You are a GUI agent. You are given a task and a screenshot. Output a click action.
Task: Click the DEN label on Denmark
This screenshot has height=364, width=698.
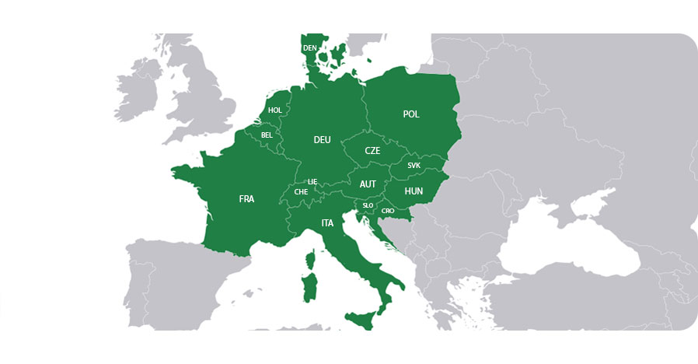(x=310, y=48)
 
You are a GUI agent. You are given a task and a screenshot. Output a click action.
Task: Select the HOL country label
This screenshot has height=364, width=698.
(x=275, y=110)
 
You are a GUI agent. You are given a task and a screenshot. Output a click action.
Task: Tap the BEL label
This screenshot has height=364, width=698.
(x=267, y=135)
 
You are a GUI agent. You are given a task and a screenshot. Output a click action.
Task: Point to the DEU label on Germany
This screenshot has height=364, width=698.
(x=322, y=140)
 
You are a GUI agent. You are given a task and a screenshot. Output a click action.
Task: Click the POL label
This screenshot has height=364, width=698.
(x=411, y=114)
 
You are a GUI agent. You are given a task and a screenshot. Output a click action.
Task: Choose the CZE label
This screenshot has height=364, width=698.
(x=372, y=151)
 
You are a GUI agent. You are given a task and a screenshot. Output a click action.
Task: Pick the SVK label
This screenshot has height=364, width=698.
(x=414, y=166)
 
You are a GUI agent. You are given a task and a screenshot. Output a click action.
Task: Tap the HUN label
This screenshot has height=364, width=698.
(x=414, y=191)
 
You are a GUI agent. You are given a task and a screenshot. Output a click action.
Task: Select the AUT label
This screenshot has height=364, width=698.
(x=368, y=184)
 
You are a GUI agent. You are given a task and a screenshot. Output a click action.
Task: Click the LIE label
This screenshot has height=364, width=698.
(x=312, y=181)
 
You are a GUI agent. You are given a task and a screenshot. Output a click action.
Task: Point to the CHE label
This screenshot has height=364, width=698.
(x=301, y=192)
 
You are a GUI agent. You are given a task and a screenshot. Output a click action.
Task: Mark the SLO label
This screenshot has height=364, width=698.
(x=368, y=205)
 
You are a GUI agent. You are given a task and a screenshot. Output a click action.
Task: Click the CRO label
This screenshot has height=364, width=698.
(x=388, y=210)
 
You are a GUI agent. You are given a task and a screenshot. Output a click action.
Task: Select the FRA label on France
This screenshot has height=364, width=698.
(x=246, y=199)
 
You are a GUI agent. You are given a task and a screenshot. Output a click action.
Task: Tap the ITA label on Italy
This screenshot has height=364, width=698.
(x=327, y=223)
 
